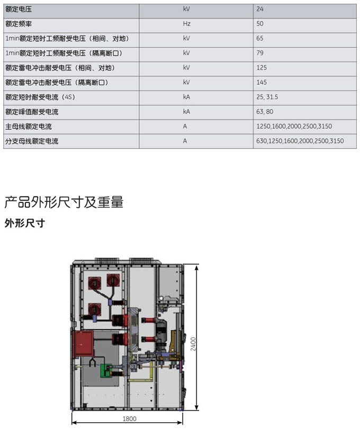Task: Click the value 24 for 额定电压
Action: (x=259, y=9)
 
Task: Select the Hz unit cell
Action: (x=187, y=24)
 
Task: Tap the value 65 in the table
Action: (x=259, y=39)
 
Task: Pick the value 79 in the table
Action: (x=259, y=53)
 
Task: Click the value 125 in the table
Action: (x=262, y=67)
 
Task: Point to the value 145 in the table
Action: (x=262, y=82)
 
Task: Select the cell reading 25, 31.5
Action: (x=267, y=97)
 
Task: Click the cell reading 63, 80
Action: (x=265, y=112)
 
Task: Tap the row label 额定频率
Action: (x=19, y=24)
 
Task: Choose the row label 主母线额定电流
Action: (x=29, y=127)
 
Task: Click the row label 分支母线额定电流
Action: (x=32, y=141)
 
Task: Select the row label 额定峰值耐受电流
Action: (x=32, y=112)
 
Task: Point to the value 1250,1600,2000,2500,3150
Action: (x=294, y=127)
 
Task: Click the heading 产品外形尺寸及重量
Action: (x=64, y=202)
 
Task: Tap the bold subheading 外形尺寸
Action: (x=24, y=223)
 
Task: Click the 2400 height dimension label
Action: (x=193, y=344)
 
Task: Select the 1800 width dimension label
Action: (x=129, y=419)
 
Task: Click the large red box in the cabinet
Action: (x=83, y=343)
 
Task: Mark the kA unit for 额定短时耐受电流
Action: (x=187, y=97)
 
